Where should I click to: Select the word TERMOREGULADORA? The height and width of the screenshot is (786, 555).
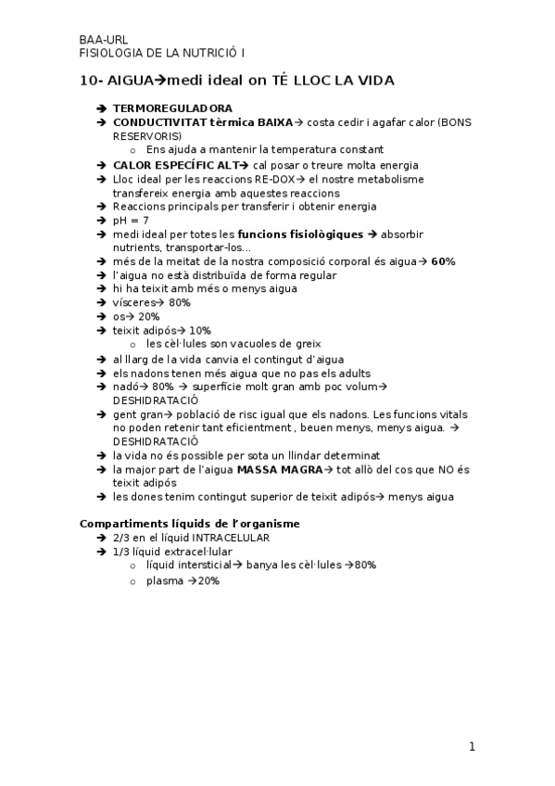(x=172, y=108)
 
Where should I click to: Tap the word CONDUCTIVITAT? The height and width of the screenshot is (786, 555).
(x=153, y=121)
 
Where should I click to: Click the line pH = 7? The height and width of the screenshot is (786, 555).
(x=131, y=221)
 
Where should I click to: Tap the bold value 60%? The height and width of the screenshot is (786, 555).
(x=443, y=261)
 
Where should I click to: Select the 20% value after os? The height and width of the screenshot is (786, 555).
(x=148, y=317)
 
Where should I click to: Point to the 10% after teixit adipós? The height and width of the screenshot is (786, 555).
(x=199, y=331)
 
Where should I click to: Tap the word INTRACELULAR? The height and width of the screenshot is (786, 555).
(x=224, y=538)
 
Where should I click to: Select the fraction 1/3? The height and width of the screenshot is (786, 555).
(x=120, y=551)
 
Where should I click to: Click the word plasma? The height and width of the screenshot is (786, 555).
(x=164, y=580)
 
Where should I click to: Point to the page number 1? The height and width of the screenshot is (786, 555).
(x=472, y=746)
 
